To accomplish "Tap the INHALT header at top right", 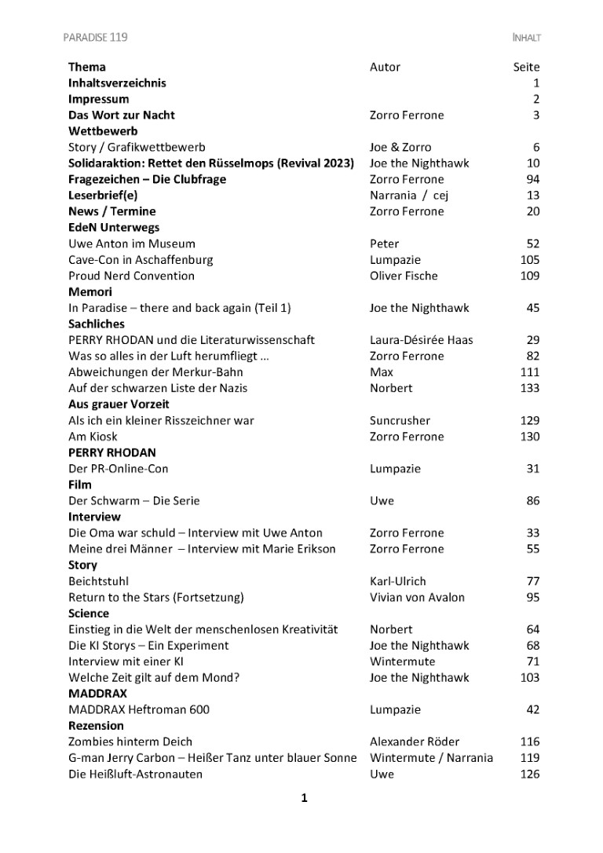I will [525, 37].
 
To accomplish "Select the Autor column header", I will [385, 67].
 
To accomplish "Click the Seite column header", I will [526, 67].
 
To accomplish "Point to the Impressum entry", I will [99, 99].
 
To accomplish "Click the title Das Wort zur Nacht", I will [122, 115].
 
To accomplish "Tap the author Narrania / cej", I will [408, 195].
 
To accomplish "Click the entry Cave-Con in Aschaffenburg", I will [141, 259].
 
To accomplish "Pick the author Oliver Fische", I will [404, 276].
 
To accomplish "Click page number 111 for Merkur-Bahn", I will [530, 372].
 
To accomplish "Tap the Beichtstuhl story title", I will [98, 581].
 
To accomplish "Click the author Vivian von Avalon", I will [417, 597].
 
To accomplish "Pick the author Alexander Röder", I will [415, 741].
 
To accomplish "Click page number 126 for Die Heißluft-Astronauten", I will [530, 774].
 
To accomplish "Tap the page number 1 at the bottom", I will [304, 799].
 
